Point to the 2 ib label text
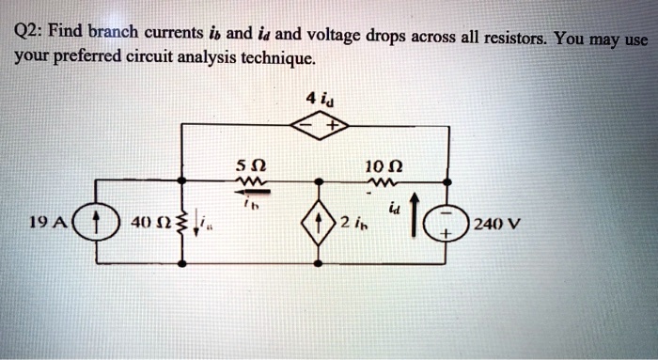point(353,224)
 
